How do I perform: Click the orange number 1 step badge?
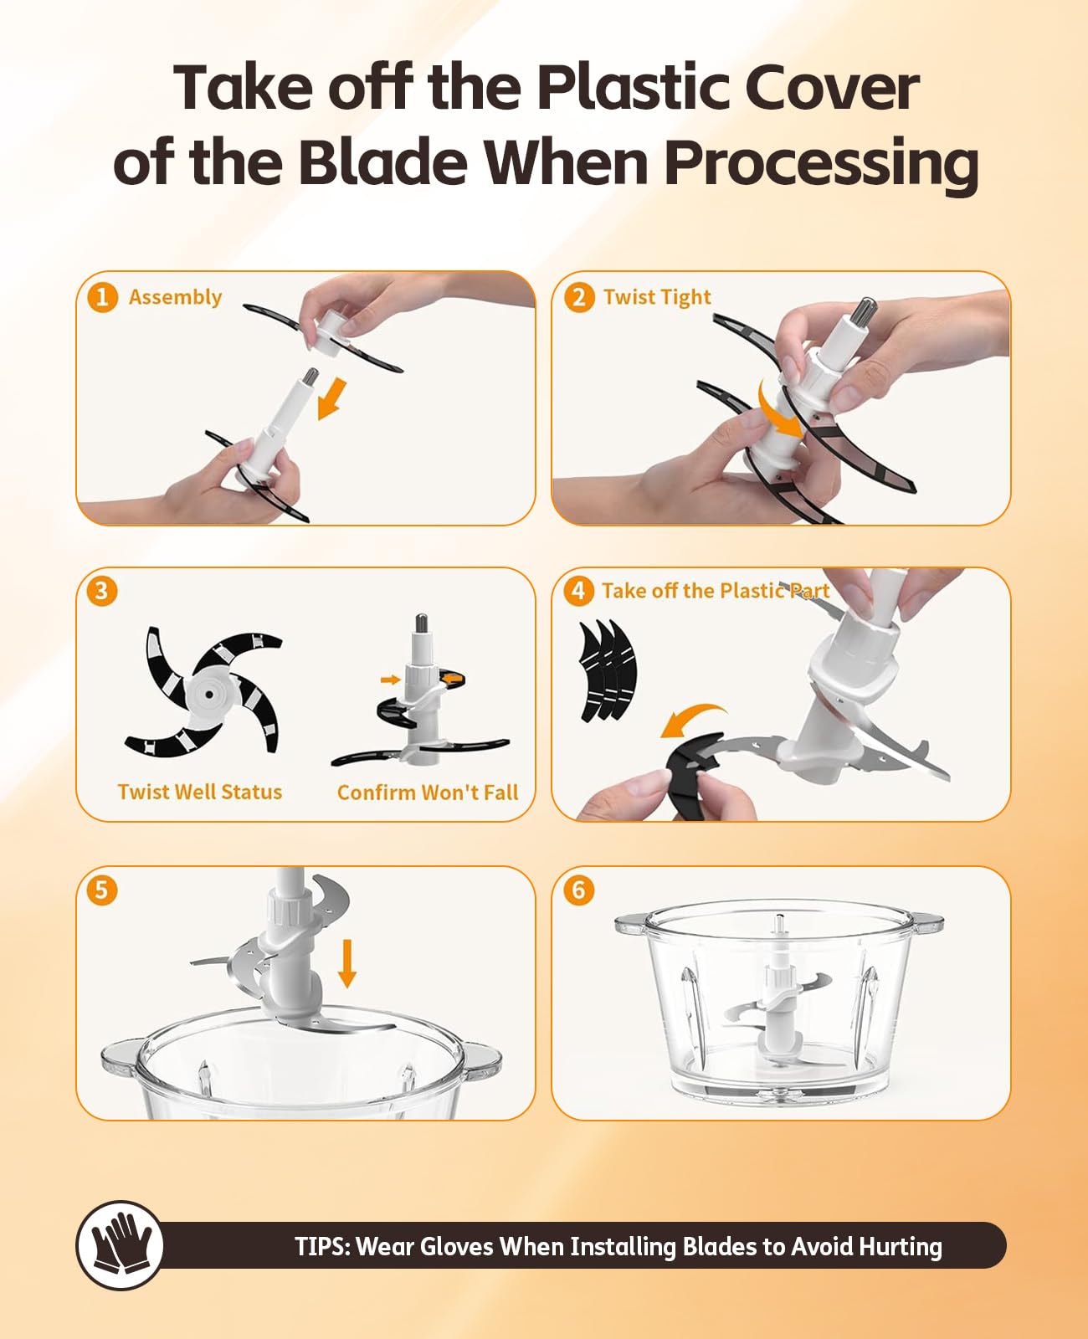tap(102, 297)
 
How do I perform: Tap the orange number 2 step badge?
tap(579, 297)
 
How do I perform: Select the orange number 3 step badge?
tap(102, 592)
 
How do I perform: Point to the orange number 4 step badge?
tap(578, 591)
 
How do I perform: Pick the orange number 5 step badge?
tap(102, 890)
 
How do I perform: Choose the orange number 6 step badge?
tap(579, 890)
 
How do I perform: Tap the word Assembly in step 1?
tap(176, 297)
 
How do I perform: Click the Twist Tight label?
tap(657, 297)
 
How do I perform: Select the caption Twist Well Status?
tap(200, 792)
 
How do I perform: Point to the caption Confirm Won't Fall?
tap(428, 792)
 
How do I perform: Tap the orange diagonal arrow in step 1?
tap(331, 398)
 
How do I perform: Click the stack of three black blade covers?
tap(608, 671)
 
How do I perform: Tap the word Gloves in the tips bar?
tap(455, 1247)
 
